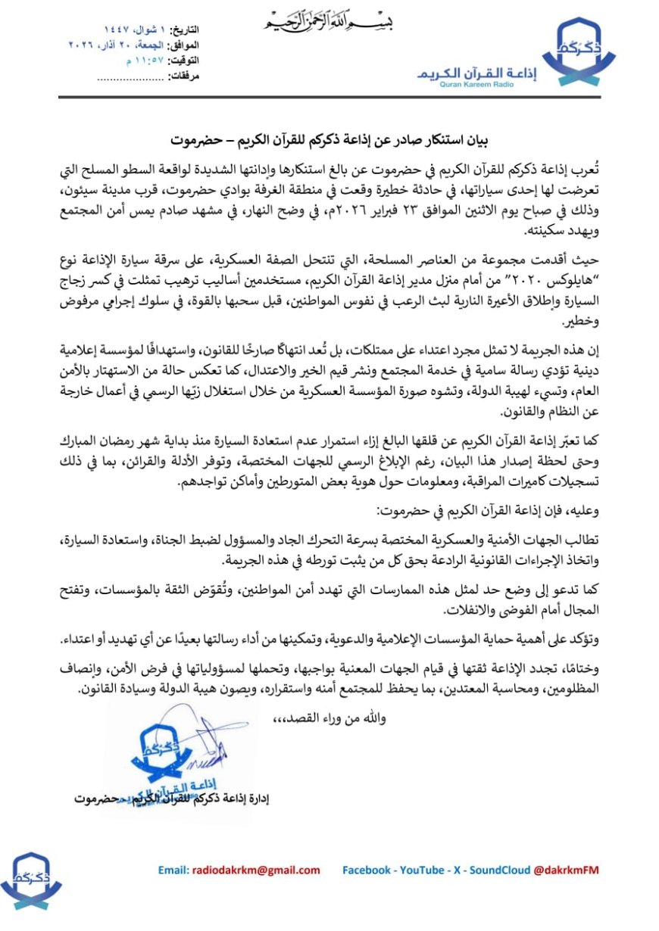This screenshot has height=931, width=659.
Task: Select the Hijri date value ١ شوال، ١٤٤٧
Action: pyautogui.click(x=133, y=30)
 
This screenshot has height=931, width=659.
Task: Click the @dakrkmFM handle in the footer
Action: pyautogui.click(x=567, y=870)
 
